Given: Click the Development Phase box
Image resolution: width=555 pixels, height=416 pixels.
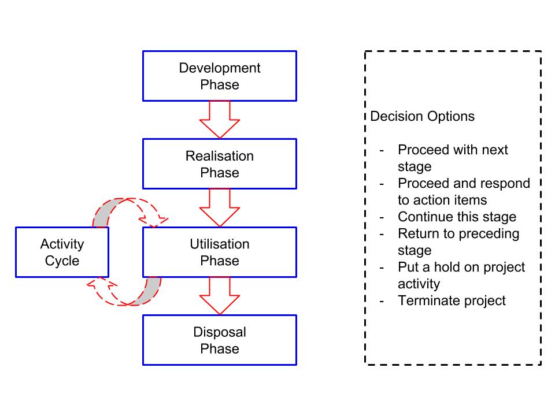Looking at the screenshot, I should point(219,76).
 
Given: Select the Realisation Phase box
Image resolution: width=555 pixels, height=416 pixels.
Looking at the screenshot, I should point(219,164).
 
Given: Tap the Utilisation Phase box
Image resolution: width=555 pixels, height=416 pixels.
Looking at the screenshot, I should point(219,252).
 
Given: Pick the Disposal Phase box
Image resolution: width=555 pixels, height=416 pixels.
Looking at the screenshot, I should point(219,340).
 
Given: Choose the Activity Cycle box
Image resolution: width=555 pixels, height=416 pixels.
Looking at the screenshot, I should point(62,252).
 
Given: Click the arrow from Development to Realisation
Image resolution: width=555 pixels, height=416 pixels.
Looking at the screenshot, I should point(219,119).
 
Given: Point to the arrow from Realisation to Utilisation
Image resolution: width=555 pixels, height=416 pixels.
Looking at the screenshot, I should point(219,207).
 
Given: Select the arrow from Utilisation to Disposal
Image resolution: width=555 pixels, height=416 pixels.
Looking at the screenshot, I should point(219,295).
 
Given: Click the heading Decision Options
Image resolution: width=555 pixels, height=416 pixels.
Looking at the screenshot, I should point(422,116).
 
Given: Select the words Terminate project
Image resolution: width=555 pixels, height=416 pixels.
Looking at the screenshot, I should point(452,300).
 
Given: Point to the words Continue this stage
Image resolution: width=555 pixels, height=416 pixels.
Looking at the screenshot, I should point(457,217).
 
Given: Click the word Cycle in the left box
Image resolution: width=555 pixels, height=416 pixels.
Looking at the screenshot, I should point(62,261).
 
